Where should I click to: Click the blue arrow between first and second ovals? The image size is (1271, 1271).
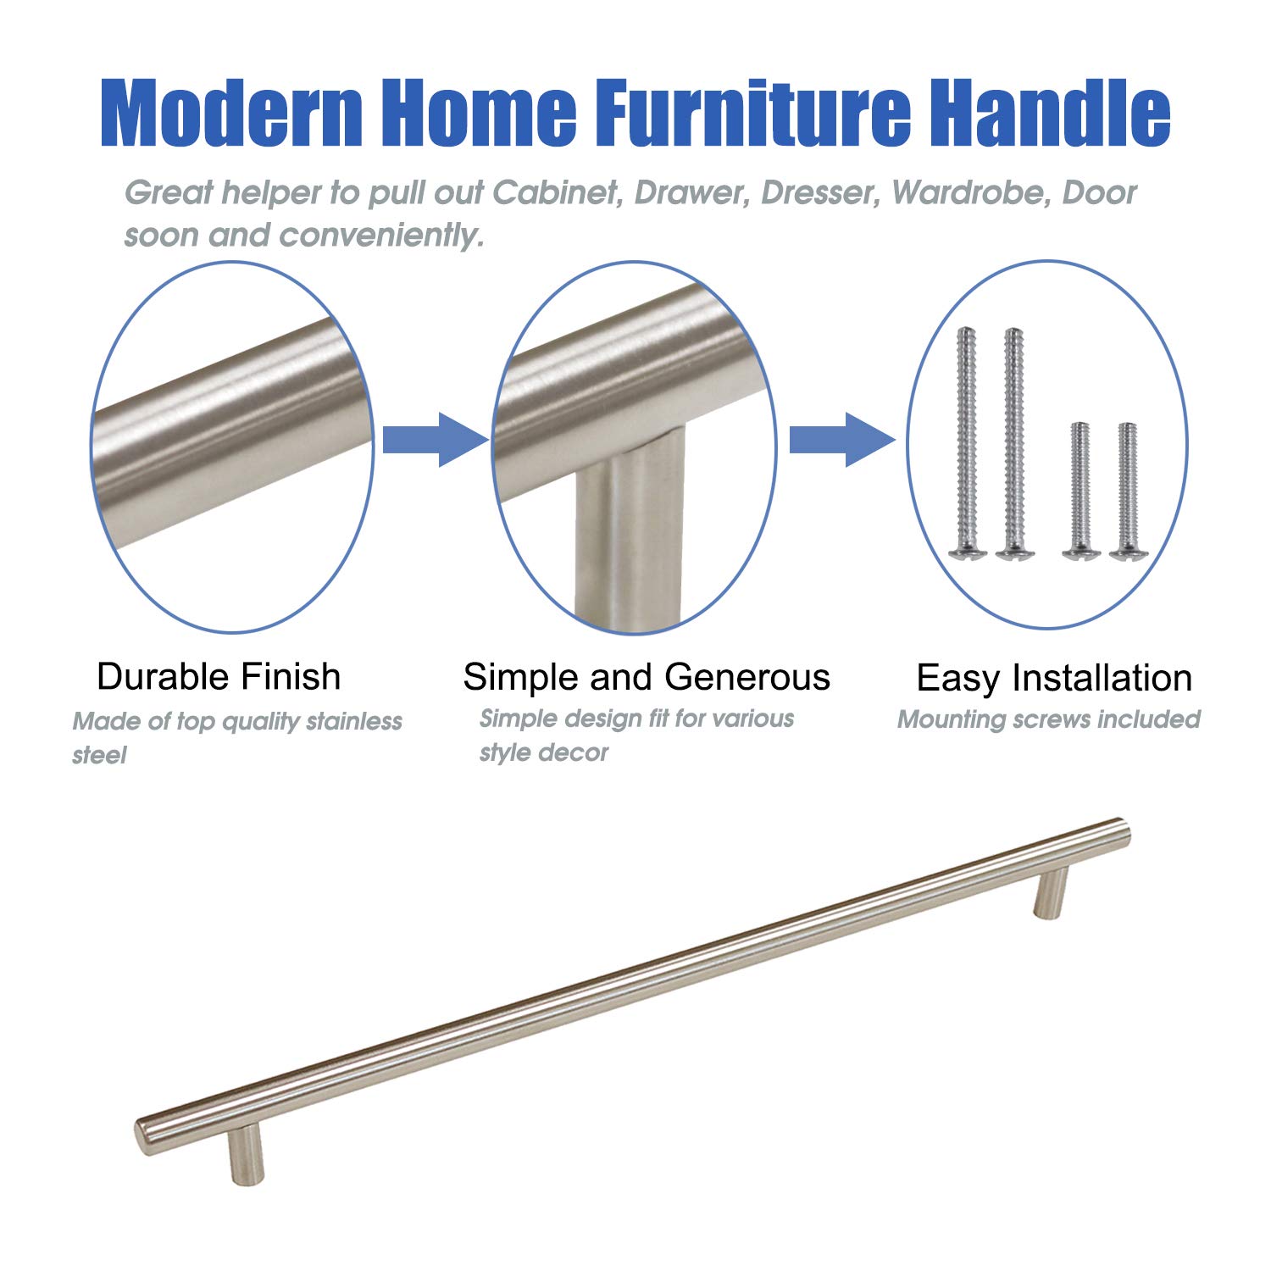(435, 440)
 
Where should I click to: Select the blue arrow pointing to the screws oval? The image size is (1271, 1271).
(842, 440)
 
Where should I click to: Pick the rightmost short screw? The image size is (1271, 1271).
(1126, 491)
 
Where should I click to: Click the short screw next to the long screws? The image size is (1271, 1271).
(1080, 491)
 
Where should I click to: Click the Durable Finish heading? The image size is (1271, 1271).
(219, 676)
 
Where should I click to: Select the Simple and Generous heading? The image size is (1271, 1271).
(647, 676)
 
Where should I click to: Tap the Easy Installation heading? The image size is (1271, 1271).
(1054, 678)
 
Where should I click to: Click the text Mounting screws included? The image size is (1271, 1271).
(1049, 719)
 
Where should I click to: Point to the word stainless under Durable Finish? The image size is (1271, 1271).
(354, 721)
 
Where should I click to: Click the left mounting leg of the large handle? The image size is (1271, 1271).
(246, 1154)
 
